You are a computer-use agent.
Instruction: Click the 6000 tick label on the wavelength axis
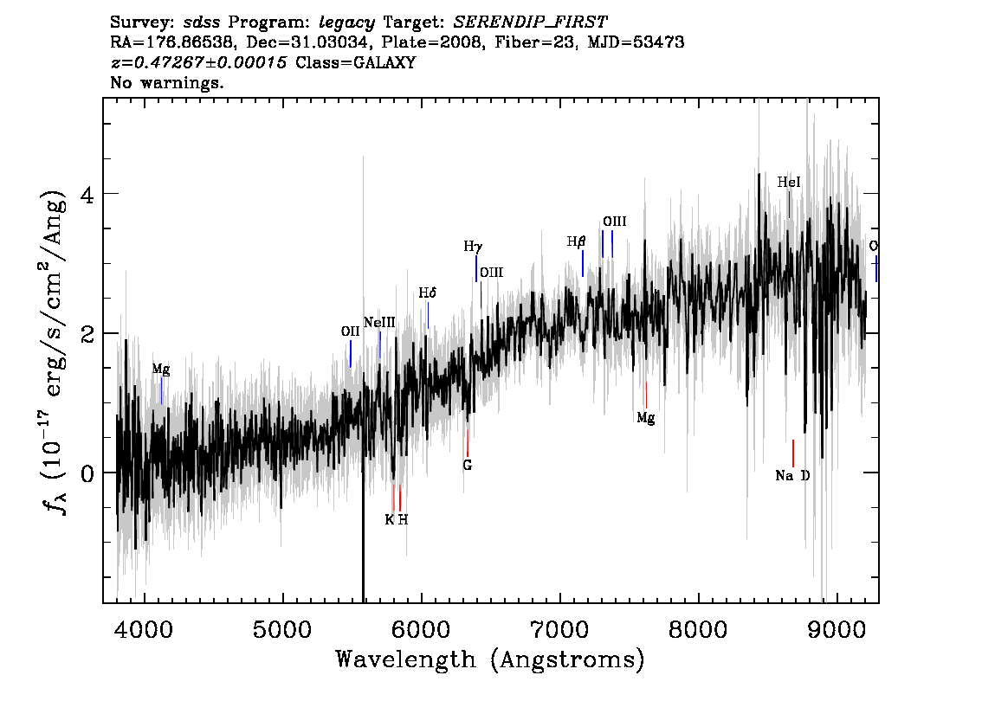pyautogui.click(x=421, y=629)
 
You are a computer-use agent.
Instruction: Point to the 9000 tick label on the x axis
pyautogui.click(x=836, y=629)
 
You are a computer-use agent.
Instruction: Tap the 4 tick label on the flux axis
pyautogui.click(x=87, y=195)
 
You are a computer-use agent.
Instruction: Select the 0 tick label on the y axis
pyautogui.click(x=87, y=473)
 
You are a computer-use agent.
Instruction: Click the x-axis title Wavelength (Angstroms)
pyautogui.click(x=490, y=660)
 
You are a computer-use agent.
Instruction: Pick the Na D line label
pyautogui.click(x=792, y=476)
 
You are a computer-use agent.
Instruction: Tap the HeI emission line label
pyautogui.click(x=789, y=182)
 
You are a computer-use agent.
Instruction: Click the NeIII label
pyautogui.click(x=379, y=322)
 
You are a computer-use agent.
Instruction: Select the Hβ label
pyautogui.click(x=576, y=241)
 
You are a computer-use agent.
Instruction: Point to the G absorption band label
pyautogui.click(x=468, y=465)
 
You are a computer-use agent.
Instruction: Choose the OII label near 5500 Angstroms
pyautogui.click(x=350, y=331)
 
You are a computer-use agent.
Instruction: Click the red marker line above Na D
pyautogui.click(x=793, y=453)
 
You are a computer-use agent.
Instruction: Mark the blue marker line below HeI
pyautogui.click(x=789, y=204)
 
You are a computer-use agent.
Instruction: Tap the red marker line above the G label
pyautogui.click(x=468, y=443)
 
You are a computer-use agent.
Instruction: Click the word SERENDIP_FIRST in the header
pyautogui.click(x=530, y=23)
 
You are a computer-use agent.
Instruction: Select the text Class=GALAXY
pyautogui.click(x=355, y=62)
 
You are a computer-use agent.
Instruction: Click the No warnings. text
pyautogui.click(x=166, y=82)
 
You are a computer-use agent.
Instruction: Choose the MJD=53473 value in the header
pyautogui.click(x=636, y=42)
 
